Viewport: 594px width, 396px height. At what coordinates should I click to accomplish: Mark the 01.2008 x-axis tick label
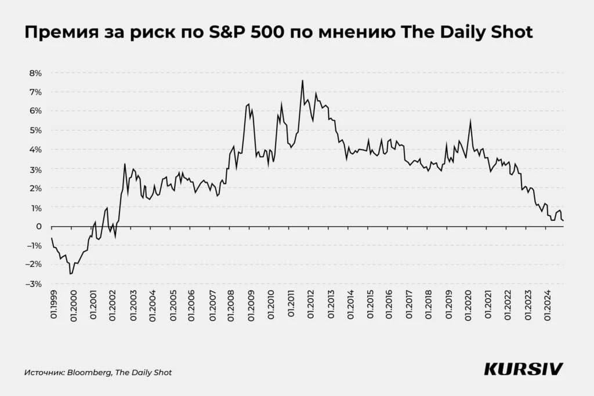231,304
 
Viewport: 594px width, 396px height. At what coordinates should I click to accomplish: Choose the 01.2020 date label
468,304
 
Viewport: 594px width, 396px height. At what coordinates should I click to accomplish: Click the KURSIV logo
523,369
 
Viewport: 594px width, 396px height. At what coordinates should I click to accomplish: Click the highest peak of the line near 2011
302,81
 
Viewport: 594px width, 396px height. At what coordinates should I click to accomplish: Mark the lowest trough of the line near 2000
71,274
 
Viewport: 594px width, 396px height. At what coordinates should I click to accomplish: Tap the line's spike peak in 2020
470,120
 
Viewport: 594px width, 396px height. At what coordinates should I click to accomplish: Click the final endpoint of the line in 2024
563,220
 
